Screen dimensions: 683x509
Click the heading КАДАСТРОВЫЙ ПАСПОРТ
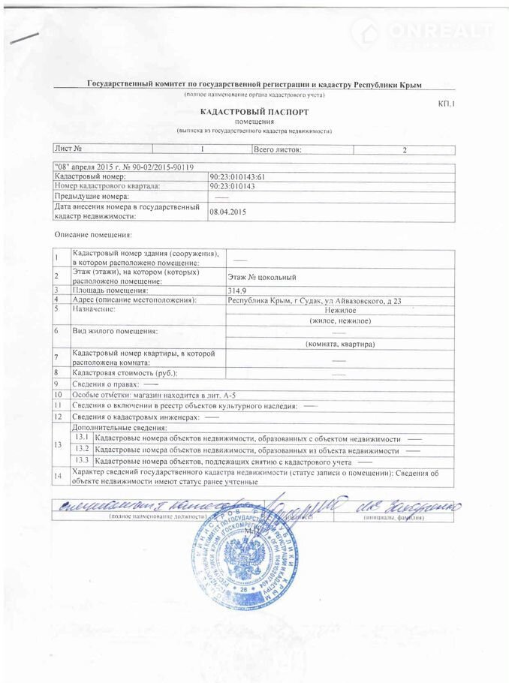[260, 111]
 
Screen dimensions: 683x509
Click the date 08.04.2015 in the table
[228, 212]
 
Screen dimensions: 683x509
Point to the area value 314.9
[236, 290]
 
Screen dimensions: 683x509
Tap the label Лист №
[68, 149]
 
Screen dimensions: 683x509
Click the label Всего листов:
[277, 149]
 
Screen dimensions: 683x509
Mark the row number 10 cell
[57, 394]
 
